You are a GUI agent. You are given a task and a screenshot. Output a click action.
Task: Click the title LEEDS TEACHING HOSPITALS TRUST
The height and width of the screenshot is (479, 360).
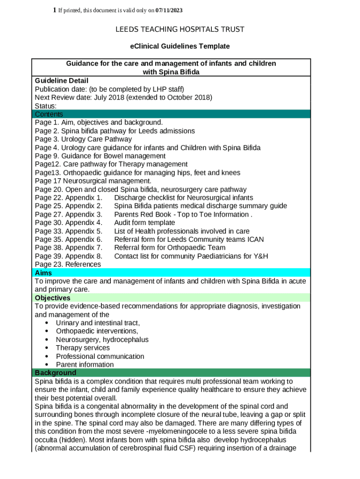point(180,29)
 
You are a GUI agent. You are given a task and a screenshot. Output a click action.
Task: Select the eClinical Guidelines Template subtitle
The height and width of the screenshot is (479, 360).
point(180,46)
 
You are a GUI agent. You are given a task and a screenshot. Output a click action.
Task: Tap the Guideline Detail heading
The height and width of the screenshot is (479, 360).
point(61,80)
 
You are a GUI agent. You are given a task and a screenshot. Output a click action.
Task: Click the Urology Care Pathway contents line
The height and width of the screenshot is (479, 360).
point(83,139)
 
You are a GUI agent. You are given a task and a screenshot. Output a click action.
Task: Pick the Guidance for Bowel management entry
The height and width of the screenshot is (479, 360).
point(100,156)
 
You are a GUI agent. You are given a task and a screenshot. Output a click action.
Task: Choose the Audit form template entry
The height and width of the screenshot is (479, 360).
point(144,223)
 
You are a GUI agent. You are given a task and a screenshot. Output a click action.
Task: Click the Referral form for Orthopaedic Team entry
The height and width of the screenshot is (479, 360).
point(169,247)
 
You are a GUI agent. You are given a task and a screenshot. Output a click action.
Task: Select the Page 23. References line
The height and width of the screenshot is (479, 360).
point(68,264)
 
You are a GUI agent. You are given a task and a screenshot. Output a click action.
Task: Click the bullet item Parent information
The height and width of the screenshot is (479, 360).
point(85,364)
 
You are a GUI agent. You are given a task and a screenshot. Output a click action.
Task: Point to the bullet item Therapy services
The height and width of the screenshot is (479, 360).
point(83,348)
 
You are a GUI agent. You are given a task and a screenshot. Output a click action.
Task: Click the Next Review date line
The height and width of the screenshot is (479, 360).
point(123,97)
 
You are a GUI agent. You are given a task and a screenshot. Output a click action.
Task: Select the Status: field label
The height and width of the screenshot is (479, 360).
point(46,106)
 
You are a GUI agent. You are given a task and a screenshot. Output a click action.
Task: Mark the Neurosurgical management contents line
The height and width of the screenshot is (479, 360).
point(93,181)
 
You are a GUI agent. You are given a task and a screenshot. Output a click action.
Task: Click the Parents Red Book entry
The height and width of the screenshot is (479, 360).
point(183,214)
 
